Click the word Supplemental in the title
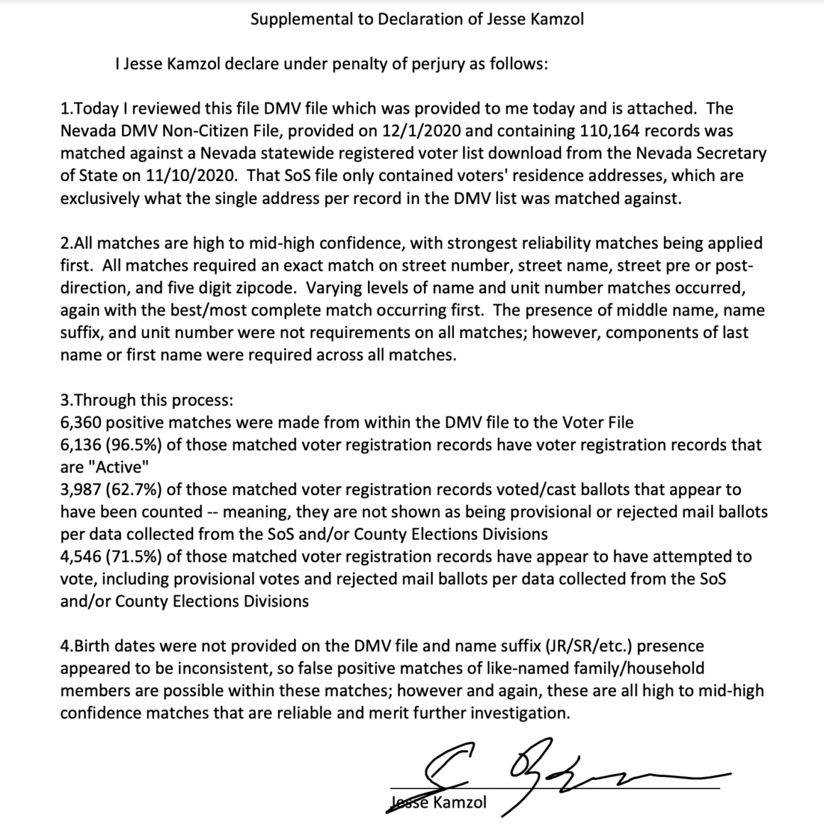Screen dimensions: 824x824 pos(298,19)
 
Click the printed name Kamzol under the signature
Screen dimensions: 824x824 pos(460,803)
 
